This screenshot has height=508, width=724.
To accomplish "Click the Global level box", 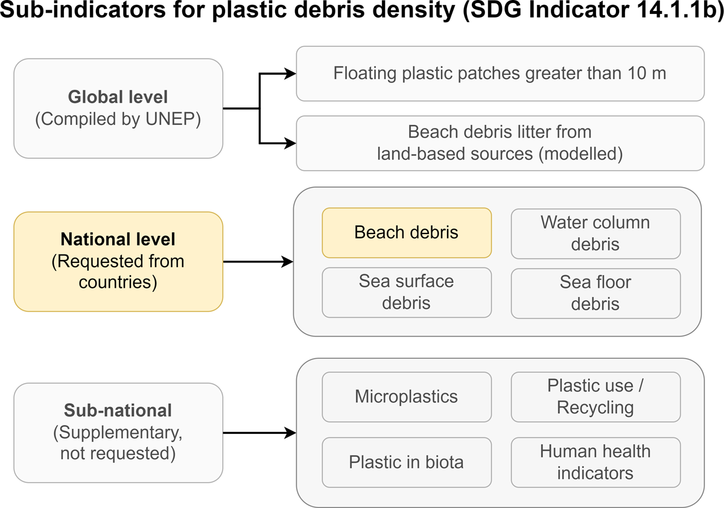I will point(118,108).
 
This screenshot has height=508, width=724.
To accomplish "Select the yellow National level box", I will point(118,261).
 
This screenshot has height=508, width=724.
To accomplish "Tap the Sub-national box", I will point(118,433).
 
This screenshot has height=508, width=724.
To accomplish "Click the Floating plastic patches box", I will point(500,74).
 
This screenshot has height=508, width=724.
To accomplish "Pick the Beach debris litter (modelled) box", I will point(500,143).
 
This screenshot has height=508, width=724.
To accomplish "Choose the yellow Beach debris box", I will point(407,232).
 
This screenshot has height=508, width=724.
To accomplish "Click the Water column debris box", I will point(595,233).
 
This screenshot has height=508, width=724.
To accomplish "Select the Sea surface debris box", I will point(407,293).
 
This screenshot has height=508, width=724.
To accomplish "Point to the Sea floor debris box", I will point(595,293).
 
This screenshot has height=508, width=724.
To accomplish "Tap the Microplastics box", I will point(407,396).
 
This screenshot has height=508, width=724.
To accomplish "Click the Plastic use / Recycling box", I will point(595,396).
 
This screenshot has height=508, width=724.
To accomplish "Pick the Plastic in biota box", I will point(407,462).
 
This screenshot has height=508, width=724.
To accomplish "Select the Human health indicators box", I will point(595,462).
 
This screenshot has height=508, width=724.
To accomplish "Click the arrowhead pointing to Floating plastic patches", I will point(291,74).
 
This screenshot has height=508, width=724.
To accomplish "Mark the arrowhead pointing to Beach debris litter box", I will point(291,143).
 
